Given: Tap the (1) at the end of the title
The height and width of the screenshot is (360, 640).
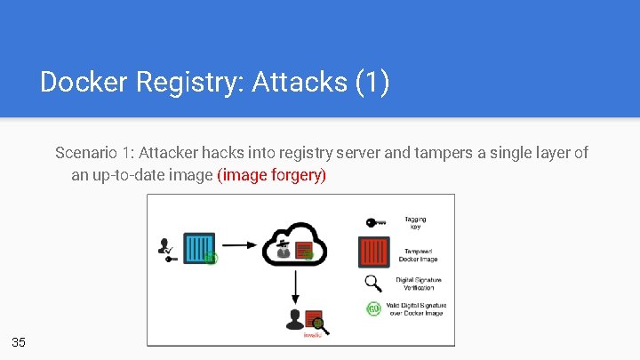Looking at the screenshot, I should (372, 83).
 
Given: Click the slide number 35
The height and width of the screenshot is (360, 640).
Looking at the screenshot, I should (19, 342).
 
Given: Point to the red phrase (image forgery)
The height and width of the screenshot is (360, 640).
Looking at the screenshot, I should (272, 175).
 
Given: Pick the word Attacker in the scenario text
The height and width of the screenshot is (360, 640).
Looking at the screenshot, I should (167, 153).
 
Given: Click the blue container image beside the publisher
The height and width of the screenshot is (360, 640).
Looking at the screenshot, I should (198, 246).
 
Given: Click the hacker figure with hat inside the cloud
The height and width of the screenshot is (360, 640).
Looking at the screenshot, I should (283, 248).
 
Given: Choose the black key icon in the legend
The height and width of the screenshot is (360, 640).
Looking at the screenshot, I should (375, 222).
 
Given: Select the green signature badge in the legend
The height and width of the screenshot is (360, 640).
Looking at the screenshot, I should (375, 309).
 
